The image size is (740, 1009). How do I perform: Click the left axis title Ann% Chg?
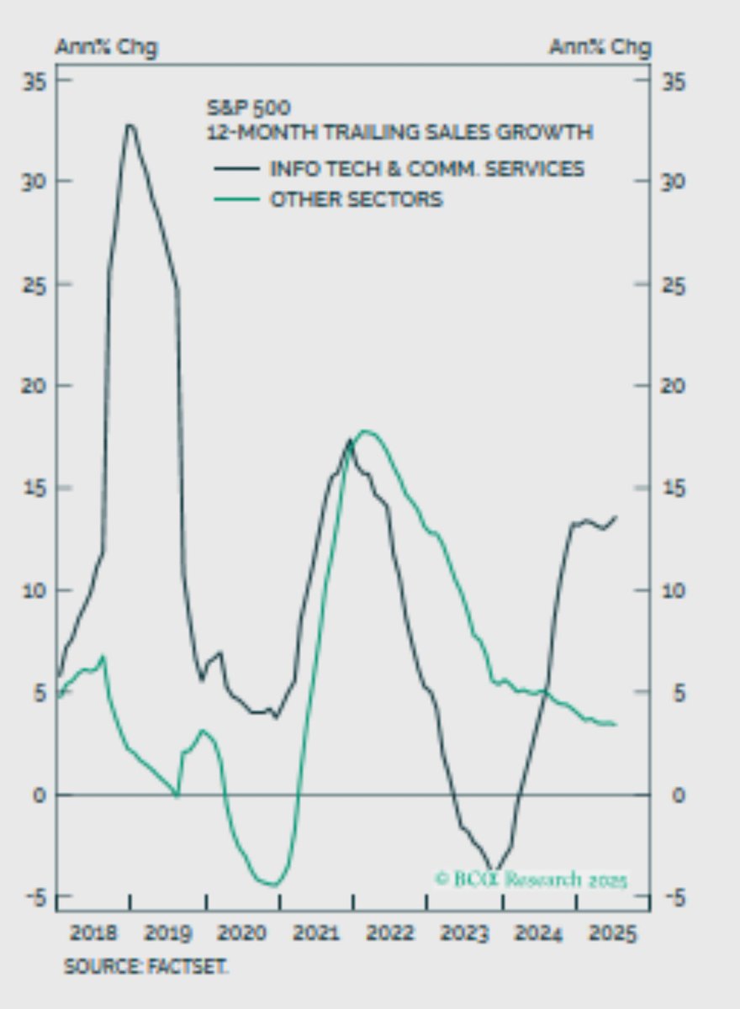point(106,48)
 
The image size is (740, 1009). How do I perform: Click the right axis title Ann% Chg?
point(600,48)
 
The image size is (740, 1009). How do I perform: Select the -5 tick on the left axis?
point(35,897)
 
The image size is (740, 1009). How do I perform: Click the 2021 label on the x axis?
point(317,933)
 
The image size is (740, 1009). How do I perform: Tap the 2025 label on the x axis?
point(613,933)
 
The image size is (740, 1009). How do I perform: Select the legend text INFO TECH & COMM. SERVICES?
point(426,168)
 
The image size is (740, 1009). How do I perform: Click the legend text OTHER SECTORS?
point(356,199)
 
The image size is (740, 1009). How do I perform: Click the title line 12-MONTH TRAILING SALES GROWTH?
point(399,132)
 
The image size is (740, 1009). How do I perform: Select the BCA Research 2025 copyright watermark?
point(531,880)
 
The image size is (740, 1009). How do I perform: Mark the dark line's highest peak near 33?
point(129,125)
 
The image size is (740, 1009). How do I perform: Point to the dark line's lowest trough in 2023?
point(494,871)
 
